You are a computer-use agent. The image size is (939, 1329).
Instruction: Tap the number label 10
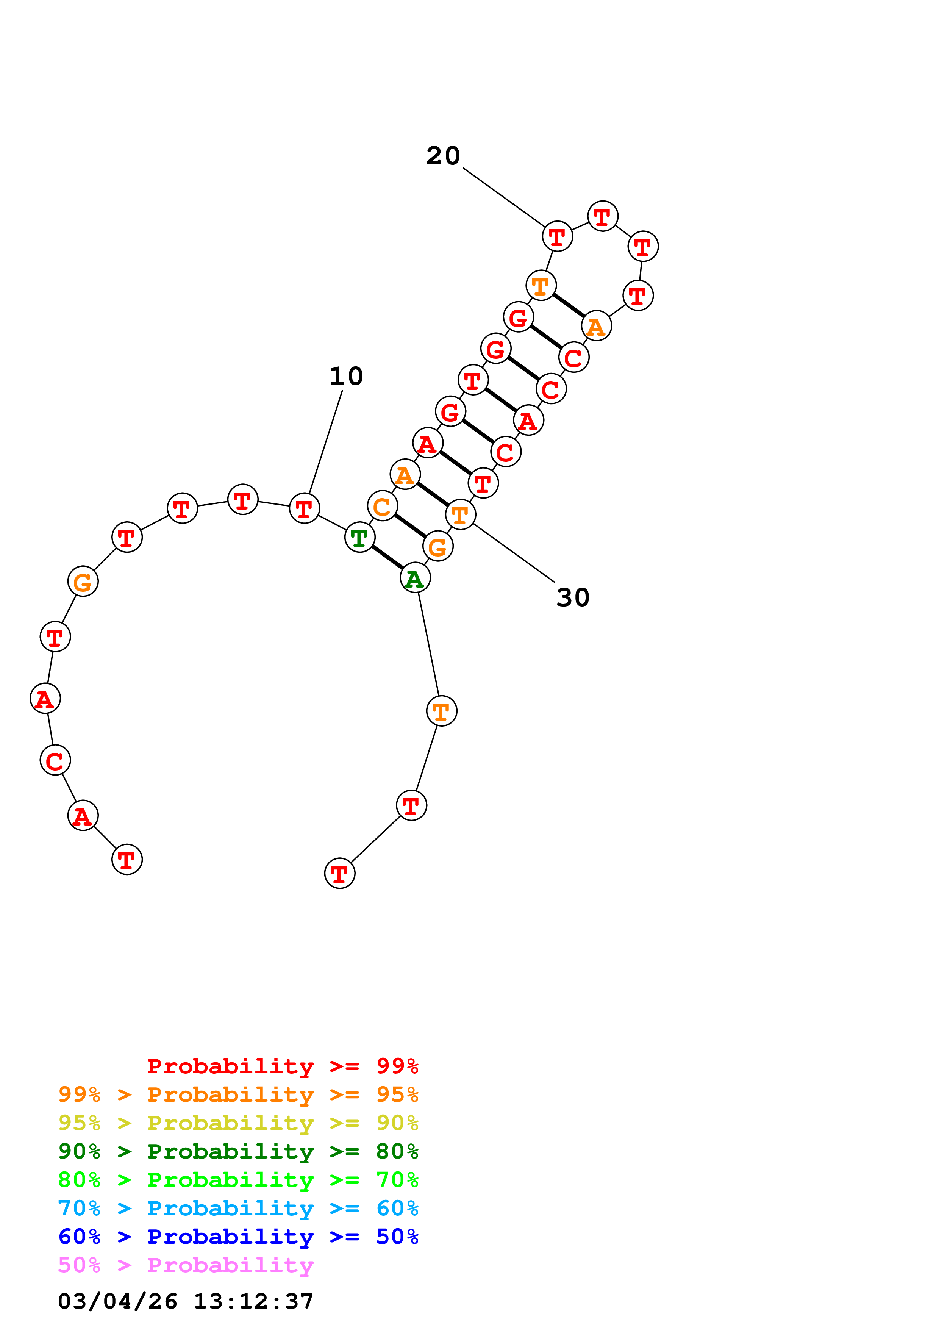pos(346,376)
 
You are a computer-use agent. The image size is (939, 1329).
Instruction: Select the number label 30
pos(573,597)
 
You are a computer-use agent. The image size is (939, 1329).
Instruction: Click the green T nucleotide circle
pos(359,538)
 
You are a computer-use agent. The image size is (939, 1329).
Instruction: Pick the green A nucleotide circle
pos(415,578)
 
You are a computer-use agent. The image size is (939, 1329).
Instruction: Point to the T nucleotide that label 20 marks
pos(557,236)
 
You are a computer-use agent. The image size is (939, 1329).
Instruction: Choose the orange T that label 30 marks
pos(461,514)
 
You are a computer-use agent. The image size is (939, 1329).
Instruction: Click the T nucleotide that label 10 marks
pos(304,508)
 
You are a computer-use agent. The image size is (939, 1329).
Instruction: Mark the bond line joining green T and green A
pos(387,557)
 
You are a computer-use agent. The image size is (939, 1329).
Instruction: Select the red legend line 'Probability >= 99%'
pos(282,1066)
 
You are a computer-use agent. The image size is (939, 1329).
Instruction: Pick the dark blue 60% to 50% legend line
pos(238,1237)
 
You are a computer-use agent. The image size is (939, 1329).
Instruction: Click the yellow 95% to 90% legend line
pos(238,1123)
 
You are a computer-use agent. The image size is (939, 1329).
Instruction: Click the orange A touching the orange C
pos(405,475)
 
